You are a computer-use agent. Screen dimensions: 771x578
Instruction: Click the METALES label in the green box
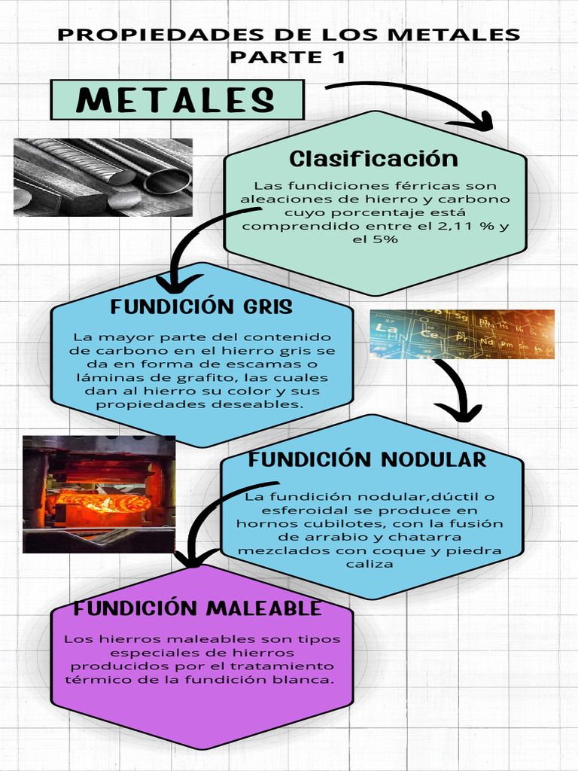click(175, 100)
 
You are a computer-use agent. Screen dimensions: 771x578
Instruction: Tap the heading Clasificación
click(373, 159)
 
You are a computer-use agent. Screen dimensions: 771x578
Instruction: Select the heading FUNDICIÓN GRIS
click(201, 307)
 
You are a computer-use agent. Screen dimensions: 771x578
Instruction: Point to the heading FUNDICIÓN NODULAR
click(367, 459)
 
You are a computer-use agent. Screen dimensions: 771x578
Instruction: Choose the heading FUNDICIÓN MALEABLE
click(197, 608)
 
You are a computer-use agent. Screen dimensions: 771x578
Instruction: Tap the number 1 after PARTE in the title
click(339, 56)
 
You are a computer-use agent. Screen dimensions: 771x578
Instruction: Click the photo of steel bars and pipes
click(103, 177)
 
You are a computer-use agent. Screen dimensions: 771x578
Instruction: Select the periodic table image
click(461, 334)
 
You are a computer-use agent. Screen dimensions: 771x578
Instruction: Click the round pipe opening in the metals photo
click(167, 181)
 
